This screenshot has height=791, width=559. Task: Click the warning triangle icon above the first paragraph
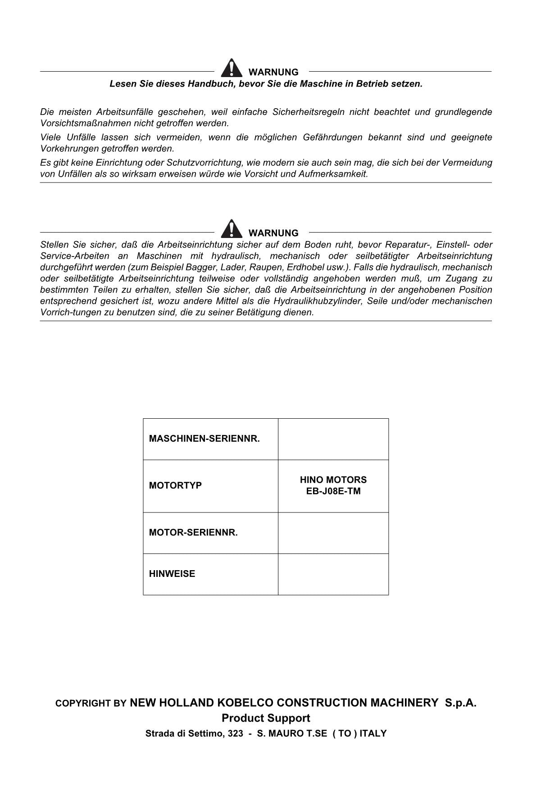point(231,69)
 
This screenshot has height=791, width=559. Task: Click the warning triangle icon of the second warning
point(231,229)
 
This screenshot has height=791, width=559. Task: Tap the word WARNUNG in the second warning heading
point(273,233)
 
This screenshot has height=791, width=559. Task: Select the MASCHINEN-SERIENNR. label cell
point(205,439)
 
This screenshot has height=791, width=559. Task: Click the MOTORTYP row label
point(175,485)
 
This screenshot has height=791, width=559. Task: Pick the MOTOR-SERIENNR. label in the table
point(193,532)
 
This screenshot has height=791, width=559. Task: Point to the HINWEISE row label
point(172,574)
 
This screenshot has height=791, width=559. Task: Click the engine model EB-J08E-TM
point(333,491)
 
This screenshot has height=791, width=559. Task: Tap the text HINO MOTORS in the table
point(333,480)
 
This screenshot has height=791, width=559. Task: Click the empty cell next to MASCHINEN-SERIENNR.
point(333,439)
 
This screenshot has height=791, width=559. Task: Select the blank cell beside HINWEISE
point(333,574)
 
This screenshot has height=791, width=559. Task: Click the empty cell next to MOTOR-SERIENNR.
point(333,533)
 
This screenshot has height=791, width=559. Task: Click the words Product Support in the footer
point(266,718)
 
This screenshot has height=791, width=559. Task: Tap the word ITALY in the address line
point(373,733)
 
